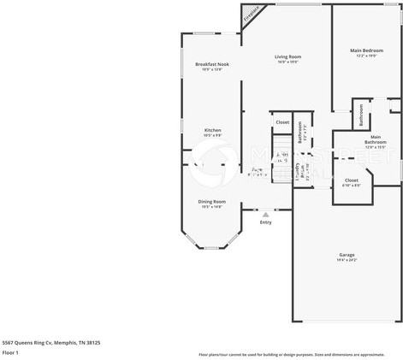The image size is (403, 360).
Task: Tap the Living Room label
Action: coord(287,57)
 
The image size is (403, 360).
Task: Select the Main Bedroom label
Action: coord(367,50)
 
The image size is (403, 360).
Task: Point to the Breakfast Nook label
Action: coord(211,65)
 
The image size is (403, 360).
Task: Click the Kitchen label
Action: coord(212,130)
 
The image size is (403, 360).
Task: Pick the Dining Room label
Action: coord(211,201)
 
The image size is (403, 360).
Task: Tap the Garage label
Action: coord(347,255)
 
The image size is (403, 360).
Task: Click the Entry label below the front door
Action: coord(266,221)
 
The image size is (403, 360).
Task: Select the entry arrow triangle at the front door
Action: coord(266,214)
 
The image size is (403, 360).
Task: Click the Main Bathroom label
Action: coord(376,139)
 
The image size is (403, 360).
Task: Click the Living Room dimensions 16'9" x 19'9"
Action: coord(287,62)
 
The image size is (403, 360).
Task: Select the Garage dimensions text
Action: coord(347,260)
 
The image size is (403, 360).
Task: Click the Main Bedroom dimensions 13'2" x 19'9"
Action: coord(367,56)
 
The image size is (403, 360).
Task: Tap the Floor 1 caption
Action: coord(11,352)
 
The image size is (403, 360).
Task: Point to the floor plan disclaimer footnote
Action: coord(291,353)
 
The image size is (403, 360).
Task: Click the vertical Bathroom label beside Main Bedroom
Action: coord(362,113)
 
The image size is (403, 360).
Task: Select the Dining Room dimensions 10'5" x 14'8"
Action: coord(211,206)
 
